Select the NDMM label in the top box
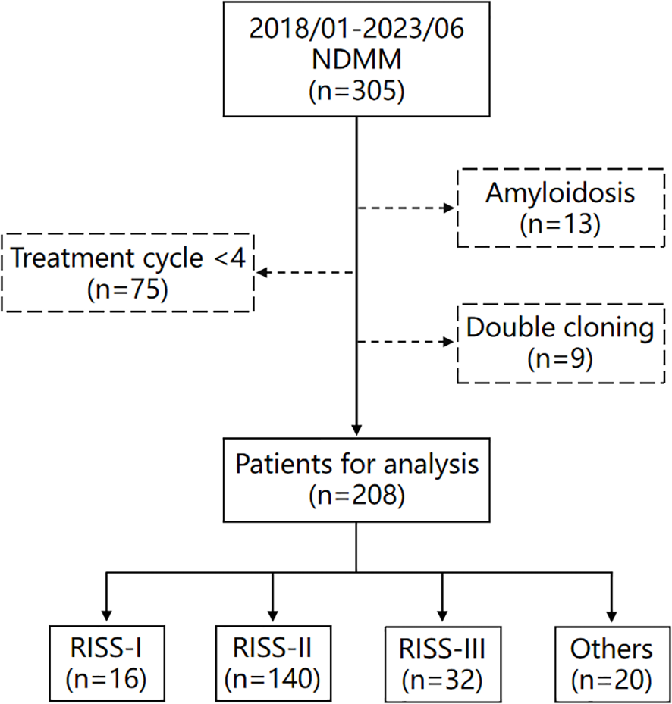356,63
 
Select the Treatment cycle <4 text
127,259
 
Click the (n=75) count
127,288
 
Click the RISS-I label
105,649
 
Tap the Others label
611,649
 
